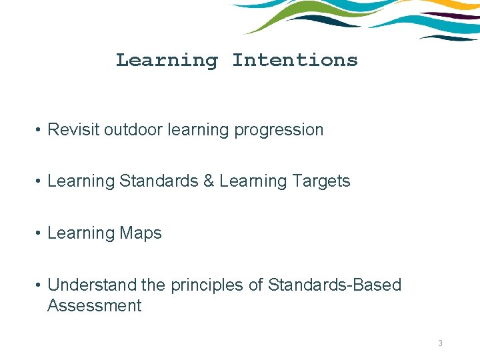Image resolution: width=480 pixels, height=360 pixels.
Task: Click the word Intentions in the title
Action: [x=295, y=60]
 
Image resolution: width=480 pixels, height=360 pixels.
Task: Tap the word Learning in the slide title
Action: [x=167, y=60]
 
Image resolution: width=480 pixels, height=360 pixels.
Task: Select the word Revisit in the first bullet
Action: [x=73, y=130]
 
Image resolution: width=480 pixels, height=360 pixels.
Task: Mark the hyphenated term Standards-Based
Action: [x=335, y=285]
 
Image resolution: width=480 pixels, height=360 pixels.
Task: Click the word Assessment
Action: [x=95, y=306]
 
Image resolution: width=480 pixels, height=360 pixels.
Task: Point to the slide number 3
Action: [x=440, y=343]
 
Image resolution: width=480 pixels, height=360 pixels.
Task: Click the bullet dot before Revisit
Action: [x=39, y=131]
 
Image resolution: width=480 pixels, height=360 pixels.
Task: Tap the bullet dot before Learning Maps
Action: [x=39, y=234]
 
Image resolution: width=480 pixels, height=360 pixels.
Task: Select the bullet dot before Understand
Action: [x=39, y=286]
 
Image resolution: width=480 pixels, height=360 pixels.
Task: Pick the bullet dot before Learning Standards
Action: [x=39, y=182]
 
